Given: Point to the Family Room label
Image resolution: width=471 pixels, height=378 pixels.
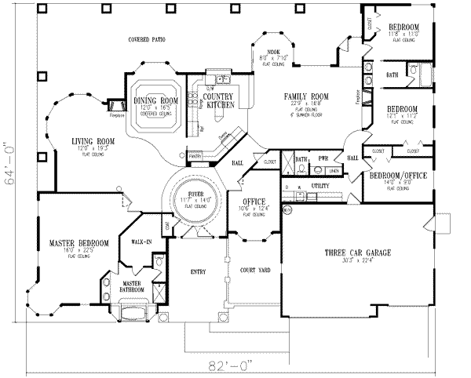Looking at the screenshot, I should pyautogui.click(x=306, y=96).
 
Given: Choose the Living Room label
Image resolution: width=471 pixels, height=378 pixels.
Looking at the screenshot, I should pyautogui.click(x=89, y=141).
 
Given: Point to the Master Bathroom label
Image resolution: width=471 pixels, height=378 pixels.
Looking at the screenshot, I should pyautogui.click(x=133, y=285).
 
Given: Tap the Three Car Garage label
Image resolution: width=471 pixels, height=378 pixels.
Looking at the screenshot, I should pyautogui.click(x=358, y=253).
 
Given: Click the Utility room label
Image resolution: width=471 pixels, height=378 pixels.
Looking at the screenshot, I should pyautogui.click(x=319, y=187).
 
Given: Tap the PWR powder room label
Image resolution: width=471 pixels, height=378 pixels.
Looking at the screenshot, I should pyautogui.click(x=323, y=158).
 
